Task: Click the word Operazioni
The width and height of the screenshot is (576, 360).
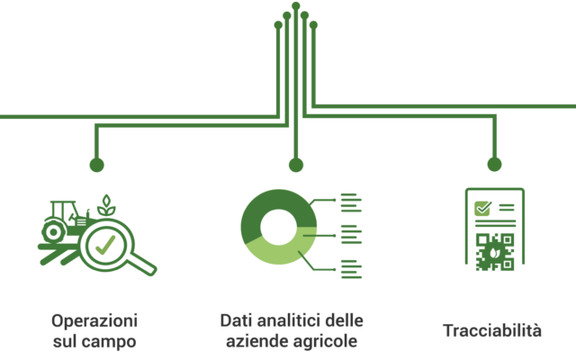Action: click(x=94, y=320)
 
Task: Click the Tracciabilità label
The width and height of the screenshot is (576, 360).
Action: click(x=492, y=330)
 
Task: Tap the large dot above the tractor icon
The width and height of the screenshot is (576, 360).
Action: click(x=96, y=165)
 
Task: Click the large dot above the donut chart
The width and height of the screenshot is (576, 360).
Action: click(x=296, y=165)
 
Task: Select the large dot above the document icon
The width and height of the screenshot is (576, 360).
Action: click(x=494, y=164)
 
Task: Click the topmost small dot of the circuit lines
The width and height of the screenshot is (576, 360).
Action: click(x=296, y=5)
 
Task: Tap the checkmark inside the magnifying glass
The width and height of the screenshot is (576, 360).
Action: click(x=105, y=245)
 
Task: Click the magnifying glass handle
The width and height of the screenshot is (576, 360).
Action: click(x=141, y=265)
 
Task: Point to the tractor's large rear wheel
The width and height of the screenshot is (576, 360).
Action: click(x=54, y=232)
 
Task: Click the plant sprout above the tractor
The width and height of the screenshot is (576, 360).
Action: click(x=106, y=206)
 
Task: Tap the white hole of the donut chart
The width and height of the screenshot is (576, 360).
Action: click(x=279, y=227)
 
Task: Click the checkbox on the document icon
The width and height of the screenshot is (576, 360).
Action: click(x=482, y=208)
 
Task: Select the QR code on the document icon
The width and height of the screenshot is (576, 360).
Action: click(x=494, y=252)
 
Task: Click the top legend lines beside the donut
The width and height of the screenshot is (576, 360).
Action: click(x=351, y=202)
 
